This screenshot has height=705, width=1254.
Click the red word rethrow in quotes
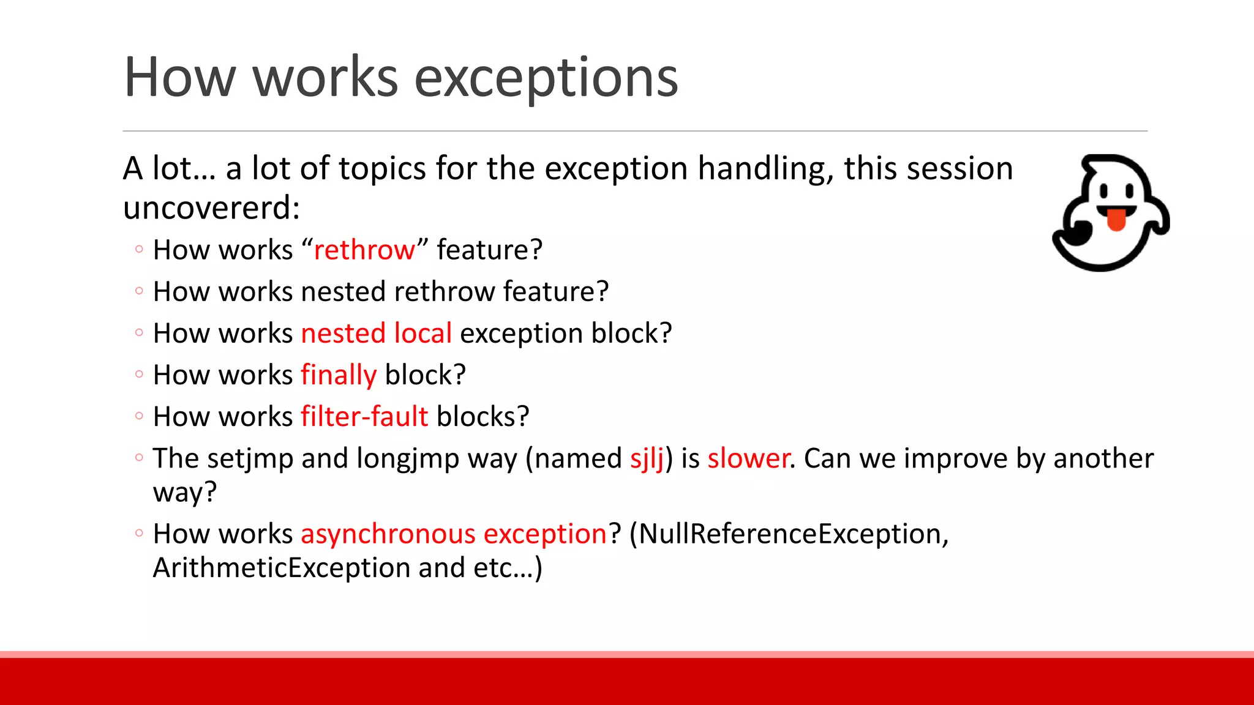tap(364, 250)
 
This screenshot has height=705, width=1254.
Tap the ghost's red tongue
tap(1116, 220)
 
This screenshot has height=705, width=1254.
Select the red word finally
tap(338, 375)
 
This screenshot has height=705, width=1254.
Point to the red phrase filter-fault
tap(364, 417)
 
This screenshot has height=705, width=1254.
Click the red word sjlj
tap(647, 459)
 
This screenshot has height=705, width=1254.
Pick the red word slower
tap(748, 458)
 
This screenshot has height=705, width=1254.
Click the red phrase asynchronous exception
tap(454, 534)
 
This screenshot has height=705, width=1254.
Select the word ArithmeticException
tap(281, 568)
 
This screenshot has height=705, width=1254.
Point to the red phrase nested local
tap(376, 334)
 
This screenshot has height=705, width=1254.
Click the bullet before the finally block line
tap(139, 374)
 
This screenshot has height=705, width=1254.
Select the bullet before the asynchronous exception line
tap(139, 533)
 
